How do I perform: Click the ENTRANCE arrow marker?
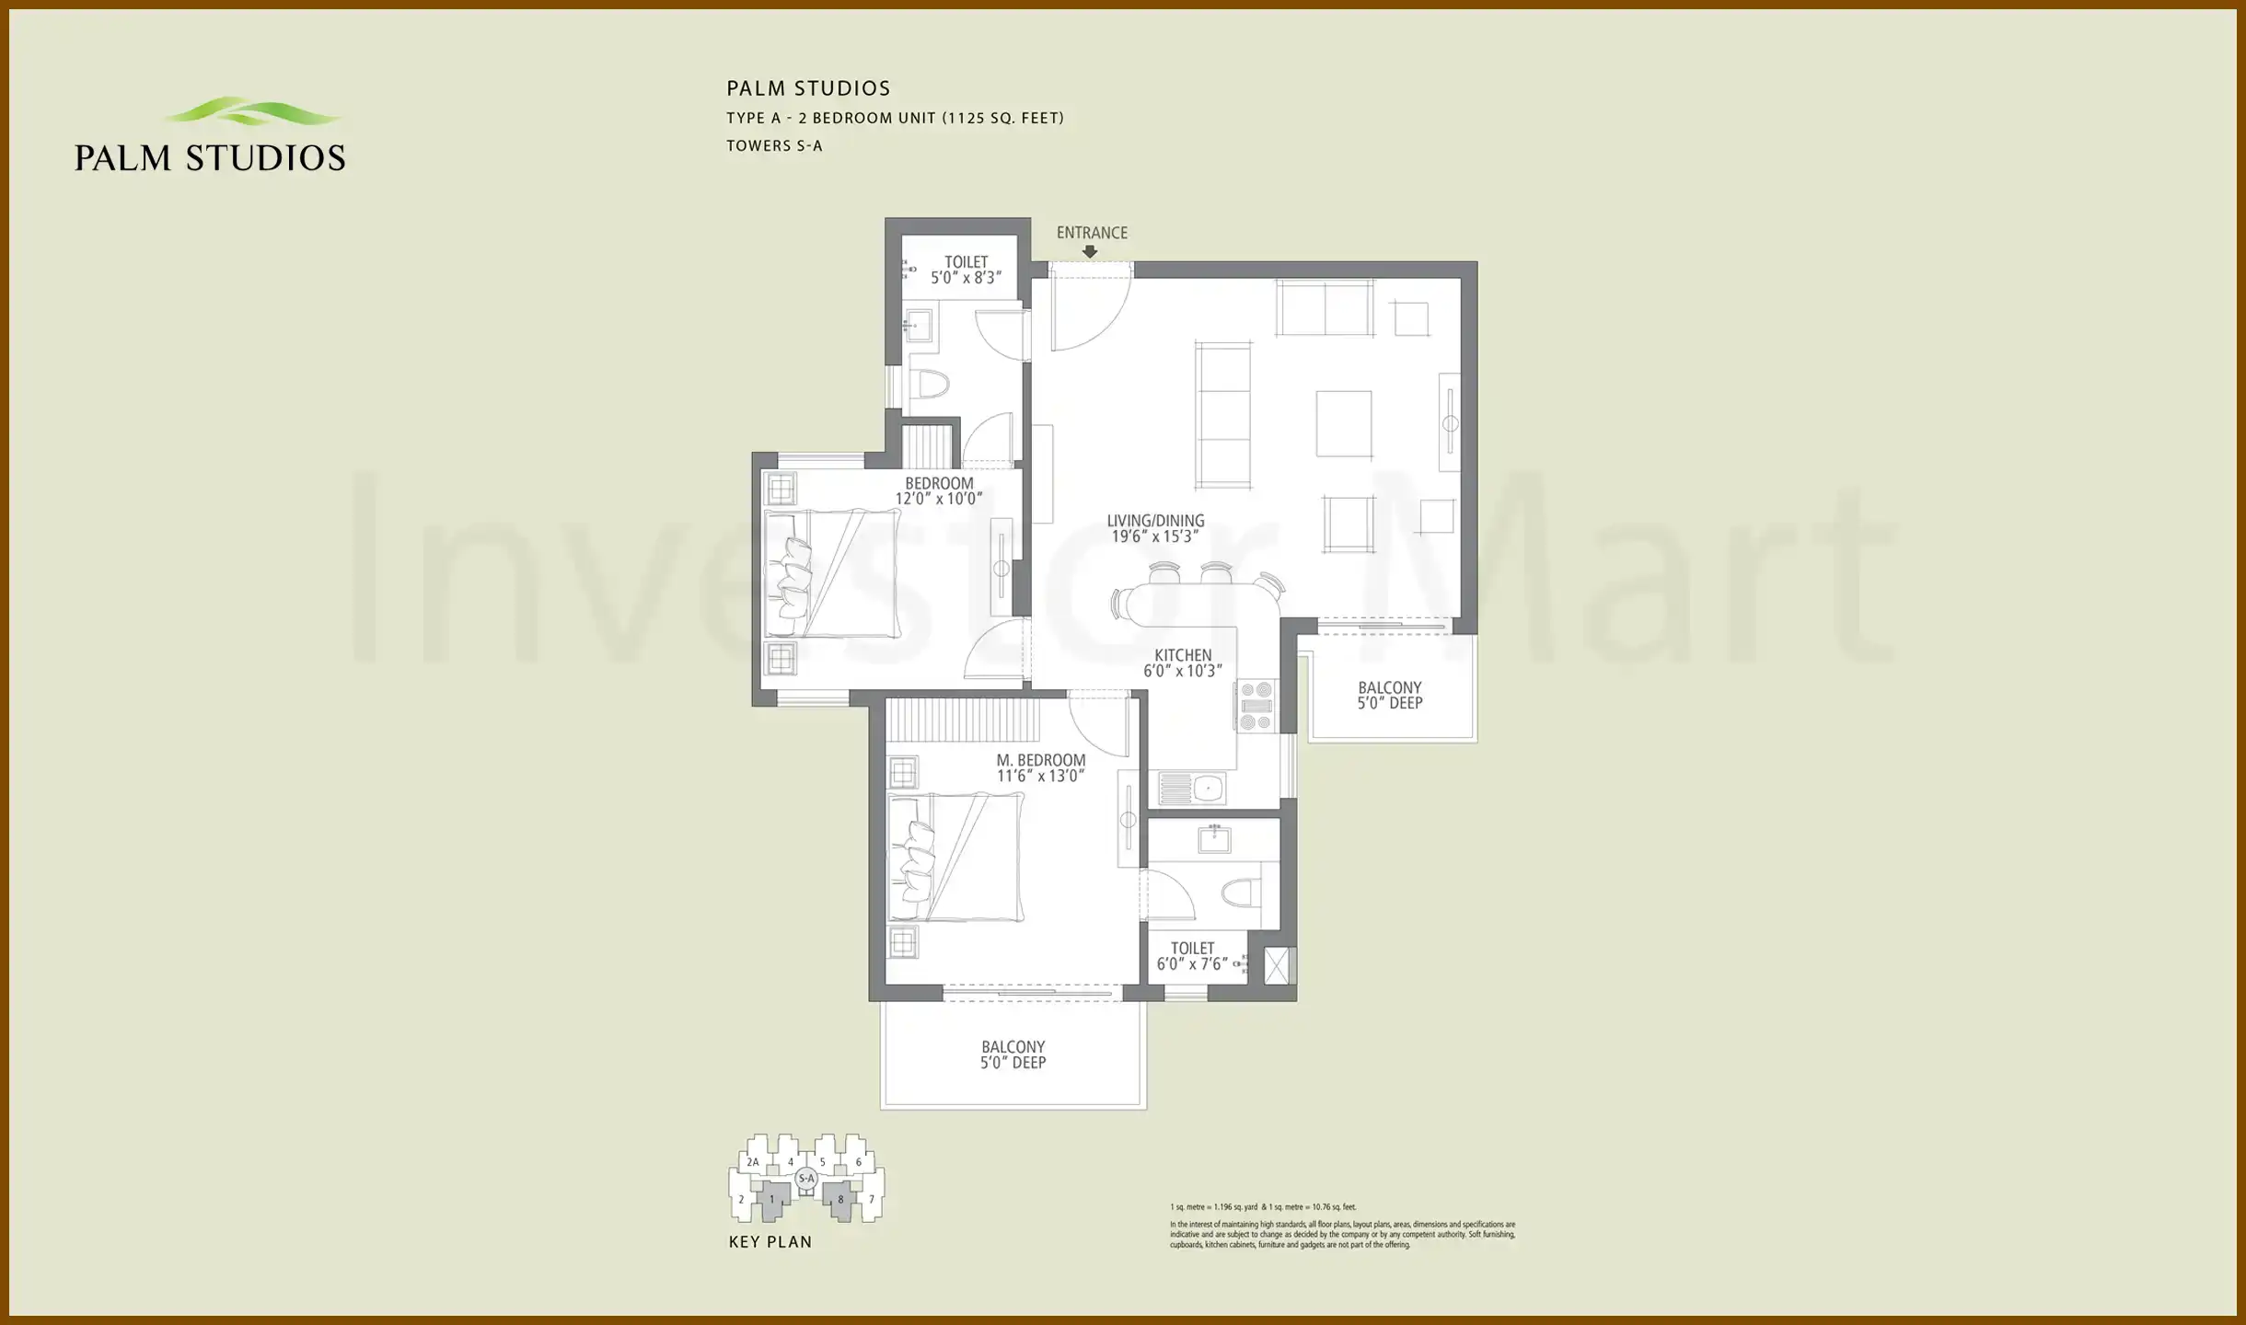1090,250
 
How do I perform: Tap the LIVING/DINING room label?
1155,521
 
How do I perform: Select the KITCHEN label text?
1183,655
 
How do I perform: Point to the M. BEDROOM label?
1040,760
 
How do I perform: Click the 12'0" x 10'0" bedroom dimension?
939,499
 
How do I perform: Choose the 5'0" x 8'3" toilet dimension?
966,278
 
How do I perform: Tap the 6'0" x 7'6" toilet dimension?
1192,963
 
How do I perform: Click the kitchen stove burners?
1256,706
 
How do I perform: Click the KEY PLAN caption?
770,1242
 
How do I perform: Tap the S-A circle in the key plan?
806,1178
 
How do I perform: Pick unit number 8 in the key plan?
840,1199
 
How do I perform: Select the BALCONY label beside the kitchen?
1389,687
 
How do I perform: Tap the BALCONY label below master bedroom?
1013,1047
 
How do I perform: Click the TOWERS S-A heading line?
774,145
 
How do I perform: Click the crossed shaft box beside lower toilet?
1277,966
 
